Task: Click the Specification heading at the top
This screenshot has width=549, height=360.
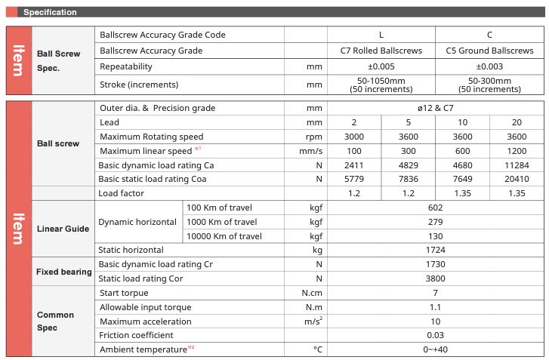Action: pyautogui.click(x=50, y=12)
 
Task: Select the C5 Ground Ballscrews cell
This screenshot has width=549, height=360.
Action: pyautogui.click(x=490, y=51)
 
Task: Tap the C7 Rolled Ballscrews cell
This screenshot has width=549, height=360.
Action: pyautogui.click(x=381, y=51)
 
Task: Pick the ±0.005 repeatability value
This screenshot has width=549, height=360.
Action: pyautogui.click(x=381, y=66)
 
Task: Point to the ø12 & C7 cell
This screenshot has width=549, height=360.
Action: pyautogui.click(x=435, y=108)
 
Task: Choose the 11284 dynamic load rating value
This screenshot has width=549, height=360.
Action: pyautogui.click(x=517, y=165)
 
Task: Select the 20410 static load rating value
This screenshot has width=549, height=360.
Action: pyautogui.click(x=517, y=179)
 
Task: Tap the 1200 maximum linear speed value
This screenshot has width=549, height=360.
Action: pyautogui.click(x=517, y=151)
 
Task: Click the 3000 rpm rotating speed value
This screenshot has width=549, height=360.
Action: pyautogui.click(x=353, y=137)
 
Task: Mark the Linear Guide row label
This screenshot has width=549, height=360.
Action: pyautogui.click(x=63, y=229)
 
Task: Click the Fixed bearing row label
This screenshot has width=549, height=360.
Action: pyautogui.click(x=64, y=272)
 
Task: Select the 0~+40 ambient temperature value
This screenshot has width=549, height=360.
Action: pyautogui.click(x=435, y=349)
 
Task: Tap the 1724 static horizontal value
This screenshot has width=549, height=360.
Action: pyautogui.click(x=435, y=250)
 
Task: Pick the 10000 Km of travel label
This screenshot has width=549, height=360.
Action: pyautogui.click(x=224, y=235)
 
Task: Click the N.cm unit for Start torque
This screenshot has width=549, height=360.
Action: pyautogui.click(x=312, y=293)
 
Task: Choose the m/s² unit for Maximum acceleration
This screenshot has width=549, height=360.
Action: pyautogui.click(x=312, y=321)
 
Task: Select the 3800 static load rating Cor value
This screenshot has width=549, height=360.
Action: pyautogui.click(x=435, y=278)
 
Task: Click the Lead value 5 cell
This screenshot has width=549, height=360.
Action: pyautogui.click(x=408, y=122)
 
